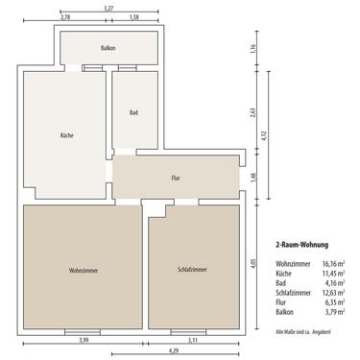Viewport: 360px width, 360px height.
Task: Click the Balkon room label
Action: tap(108, 47)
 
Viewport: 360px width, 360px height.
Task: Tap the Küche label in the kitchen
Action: tap(65, 135)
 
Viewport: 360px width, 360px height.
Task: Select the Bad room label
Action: tap(133, 112)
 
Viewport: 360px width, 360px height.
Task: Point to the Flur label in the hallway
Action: tap(176, 178)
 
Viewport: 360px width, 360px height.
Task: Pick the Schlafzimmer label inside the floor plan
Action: tap(192, 269)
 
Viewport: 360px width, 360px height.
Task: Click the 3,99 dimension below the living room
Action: tap(83, 340)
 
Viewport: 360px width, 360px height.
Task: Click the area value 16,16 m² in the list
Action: tap(332, 262)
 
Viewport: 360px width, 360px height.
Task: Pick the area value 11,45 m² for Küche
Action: tap(332, 274)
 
